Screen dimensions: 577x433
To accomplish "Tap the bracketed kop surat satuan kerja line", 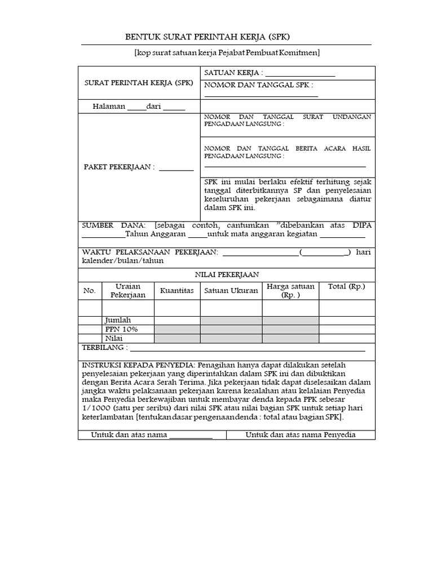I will coord(227,53).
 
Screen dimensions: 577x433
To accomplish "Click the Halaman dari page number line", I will coord(139,106).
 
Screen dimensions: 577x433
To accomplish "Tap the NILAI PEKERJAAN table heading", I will coord(227,274).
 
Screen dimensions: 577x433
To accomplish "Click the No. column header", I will coord(90,290).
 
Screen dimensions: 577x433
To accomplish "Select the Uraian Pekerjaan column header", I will coord(128,290).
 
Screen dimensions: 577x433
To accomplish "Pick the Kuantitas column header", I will coord(177,290).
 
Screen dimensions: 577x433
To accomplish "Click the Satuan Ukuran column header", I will coord(231,290).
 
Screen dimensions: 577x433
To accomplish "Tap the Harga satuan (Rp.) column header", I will coord(290,290).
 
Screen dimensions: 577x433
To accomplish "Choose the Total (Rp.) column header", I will coord(347,286).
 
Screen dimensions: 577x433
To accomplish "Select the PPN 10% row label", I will coord(121,329).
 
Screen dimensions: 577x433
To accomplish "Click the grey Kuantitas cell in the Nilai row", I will coord(177,338).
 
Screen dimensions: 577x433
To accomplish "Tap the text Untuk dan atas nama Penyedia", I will coord(301,435).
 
